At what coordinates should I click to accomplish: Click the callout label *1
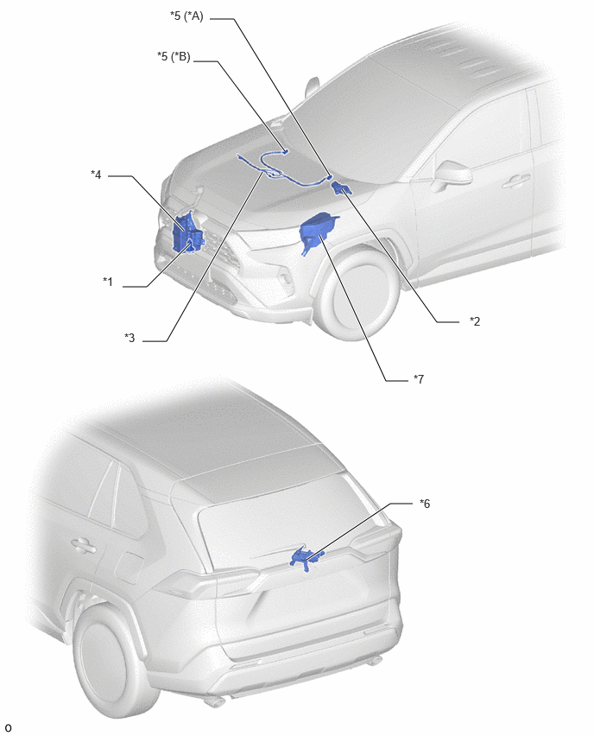[108, 282]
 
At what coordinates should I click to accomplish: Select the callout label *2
[475, 321]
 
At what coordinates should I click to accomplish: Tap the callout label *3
[130, 338]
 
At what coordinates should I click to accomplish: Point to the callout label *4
[96, 174]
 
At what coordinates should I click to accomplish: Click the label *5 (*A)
[186, 16]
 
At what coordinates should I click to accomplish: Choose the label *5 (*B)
[174, 57]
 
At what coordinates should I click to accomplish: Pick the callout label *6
[425, 504]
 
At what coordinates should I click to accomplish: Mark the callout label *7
[419, 378]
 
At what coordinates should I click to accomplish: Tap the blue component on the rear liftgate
[306, 558]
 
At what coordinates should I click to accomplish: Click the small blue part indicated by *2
[341, 188]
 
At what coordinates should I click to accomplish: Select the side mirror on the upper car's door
[452, 174]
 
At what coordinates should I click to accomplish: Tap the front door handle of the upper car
[516, 181]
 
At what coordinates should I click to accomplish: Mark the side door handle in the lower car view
[85, 545]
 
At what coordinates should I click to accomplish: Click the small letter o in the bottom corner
[8, 727]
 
